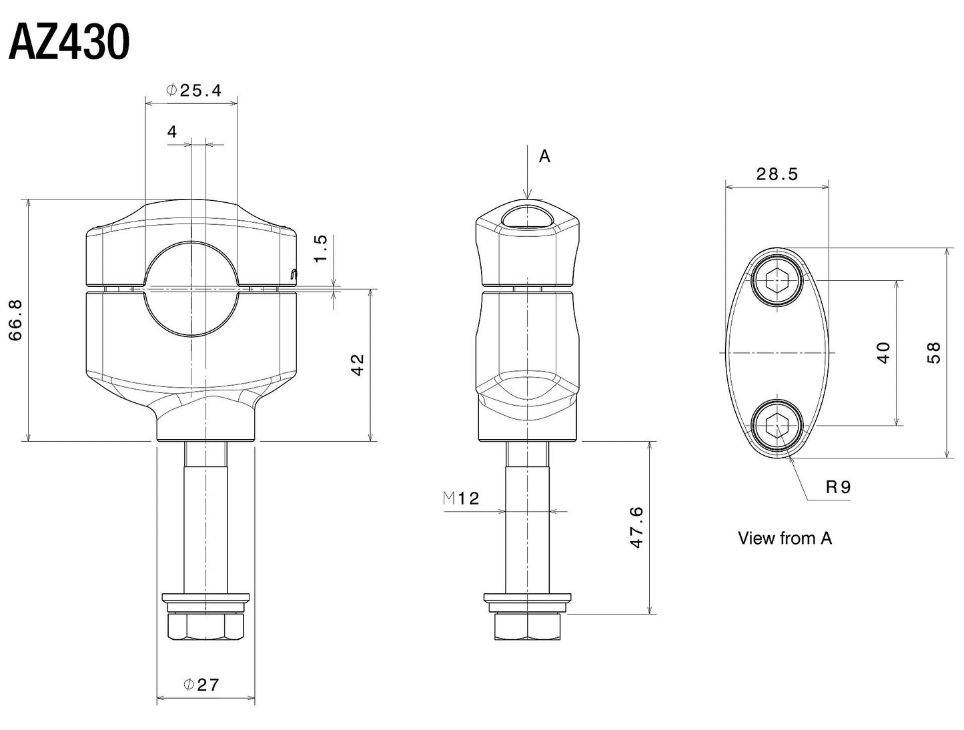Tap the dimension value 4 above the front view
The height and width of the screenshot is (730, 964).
click(x=172, y=132)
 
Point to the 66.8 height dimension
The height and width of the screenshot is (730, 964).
click(x=15, y=320)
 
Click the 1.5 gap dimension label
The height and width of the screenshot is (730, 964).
click(x=320, y=248)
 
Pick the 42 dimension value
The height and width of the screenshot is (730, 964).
click(x=358, y=364)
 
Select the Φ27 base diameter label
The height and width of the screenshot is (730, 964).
click(x=201, y=685)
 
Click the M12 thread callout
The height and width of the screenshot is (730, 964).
click(x=461, y=498)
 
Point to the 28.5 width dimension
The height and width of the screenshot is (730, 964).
click(x=777, y=174)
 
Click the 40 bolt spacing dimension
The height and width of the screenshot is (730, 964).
click(x=883, y=352)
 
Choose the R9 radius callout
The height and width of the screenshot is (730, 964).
click(x=838, y=487)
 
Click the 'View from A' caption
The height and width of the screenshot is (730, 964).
click(x=785, y=538)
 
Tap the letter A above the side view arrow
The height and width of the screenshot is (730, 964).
click(x=544, y=156)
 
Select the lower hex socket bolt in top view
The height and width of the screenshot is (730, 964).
click(x=776, y=425)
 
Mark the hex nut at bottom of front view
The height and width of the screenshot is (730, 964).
click(x=205, y=626)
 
